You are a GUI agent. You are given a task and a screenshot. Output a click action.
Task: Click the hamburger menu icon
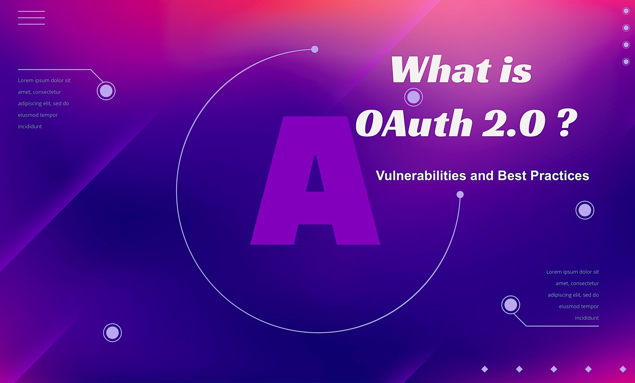pos(32,18)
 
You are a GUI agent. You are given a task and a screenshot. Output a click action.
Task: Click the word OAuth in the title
pos(414,123)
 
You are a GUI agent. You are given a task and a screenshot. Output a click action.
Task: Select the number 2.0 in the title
pos(514,123)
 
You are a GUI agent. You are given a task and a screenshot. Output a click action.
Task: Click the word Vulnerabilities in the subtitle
pos(421,176)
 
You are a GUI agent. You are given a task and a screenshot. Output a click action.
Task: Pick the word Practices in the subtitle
pos(560,176)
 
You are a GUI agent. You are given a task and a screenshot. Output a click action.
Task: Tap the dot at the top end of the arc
pos(315,49)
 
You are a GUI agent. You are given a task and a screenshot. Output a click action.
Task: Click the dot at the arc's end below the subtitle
pos(460,194)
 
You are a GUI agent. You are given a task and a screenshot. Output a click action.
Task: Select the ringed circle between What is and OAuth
pos(413,97)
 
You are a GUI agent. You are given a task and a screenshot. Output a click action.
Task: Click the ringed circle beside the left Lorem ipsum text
pos(106,91)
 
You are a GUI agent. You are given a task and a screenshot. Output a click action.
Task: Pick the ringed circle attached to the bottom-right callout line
pos(510,305)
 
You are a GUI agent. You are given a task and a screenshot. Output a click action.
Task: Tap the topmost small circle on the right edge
pos(626,11)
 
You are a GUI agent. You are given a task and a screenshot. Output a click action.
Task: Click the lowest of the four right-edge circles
pos(626,61)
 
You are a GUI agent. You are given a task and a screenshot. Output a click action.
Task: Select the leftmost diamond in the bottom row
pos(485,369)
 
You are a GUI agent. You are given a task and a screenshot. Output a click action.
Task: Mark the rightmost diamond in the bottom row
pos(623,369)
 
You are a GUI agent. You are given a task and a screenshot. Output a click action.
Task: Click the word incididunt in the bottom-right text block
pos(587,318)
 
